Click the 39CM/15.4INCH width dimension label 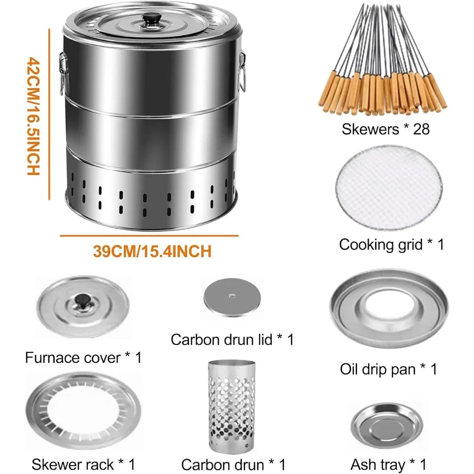click(x=152, y=251)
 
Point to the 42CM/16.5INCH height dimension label click(x=33, y=116)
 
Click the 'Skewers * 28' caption click(x=386, y=129)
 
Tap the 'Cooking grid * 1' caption click(x=391, y=244)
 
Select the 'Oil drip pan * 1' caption click(x=389, y=369)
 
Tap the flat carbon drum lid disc click(x=231, y=298)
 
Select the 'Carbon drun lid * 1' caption click(x=232, y=340)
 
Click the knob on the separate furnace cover click(x=82, y=301)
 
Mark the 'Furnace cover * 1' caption click(x=83, y=358)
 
